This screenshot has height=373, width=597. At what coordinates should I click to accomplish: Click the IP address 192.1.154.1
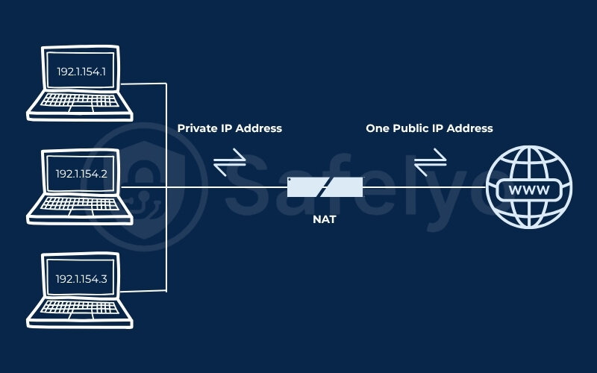(x=81, y=72)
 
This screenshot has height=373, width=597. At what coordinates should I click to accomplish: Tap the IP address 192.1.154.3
(x=81, y=278)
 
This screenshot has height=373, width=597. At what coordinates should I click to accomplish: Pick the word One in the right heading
(x=377, y=128)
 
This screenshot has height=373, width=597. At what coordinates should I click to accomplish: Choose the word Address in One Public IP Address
(x=469, y=128)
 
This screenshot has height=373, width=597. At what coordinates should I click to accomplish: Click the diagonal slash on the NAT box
(x=325, y=187)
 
